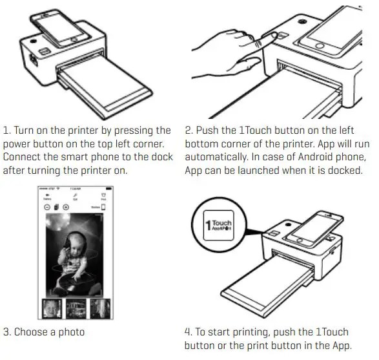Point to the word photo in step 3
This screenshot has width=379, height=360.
pos(72,333)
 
